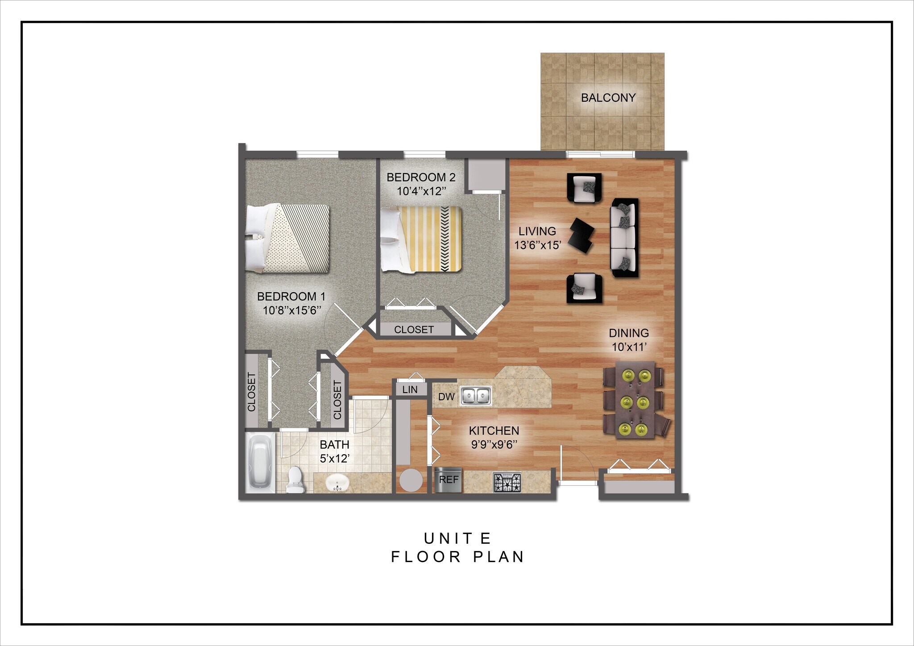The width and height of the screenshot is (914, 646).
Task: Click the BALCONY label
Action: point(608,98)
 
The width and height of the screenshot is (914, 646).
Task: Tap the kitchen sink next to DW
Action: point(476,396)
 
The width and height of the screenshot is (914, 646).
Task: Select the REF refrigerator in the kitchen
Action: point(449,480)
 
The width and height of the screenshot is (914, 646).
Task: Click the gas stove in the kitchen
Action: point(507,482)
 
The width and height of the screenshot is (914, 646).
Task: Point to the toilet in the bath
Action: point(295,480)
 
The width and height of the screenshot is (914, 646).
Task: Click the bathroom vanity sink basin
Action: point(337,483)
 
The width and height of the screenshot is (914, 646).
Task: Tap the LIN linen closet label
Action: point(410,389)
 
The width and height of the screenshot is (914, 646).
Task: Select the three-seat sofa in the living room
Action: point(624,237)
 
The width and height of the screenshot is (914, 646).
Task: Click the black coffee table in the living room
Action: point(583,235)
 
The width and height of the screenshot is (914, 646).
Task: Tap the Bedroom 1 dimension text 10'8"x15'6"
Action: point(292,311)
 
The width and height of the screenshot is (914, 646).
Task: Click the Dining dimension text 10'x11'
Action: point(629,347)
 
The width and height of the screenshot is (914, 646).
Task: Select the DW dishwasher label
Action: point(446,397)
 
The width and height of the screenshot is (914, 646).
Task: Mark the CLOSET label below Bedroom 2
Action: point(414,330)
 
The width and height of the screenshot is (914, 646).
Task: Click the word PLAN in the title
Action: point(498,557)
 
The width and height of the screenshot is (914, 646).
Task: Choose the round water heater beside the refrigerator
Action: point(410,480)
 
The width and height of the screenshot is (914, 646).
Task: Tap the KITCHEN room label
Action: point(494,431)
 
